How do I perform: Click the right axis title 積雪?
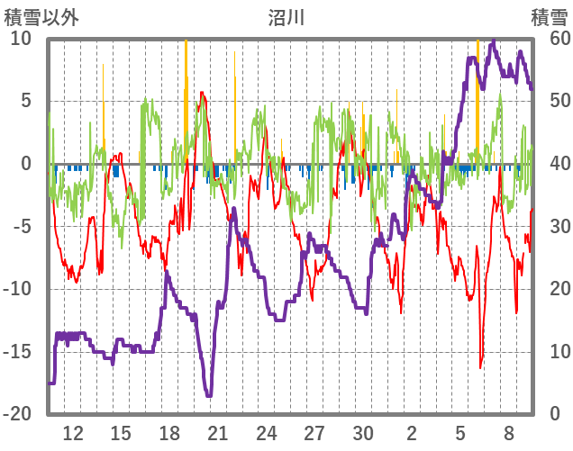point(548,17)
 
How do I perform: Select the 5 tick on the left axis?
point(26,101)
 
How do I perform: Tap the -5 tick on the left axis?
point(23,226)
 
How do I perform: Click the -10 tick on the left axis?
point(19,289)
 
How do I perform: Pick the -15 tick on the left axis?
point(19,351)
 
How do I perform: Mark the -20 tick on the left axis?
point(19,413)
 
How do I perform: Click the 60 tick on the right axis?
point(550,39)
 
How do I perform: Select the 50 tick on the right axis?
point(550,101)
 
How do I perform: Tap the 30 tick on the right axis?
point(550,226)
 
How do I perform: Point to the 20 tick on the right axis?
point(550,289)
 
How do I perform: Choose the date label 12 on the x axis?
point(73,432)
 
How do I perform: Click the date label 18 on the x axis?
point(169,432)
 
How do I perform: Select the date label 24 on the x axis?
point(266,432)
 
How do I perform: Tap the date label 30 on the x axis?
point(363,432)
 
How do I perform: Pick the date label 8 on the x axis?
point(509,432)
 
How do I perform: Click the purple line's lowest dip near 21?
point(208,394)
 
